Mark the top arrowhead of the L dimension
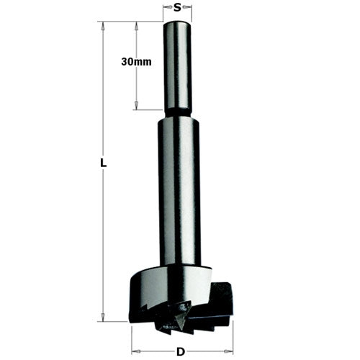coord(104,26)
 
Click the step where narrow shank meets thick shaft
coord(178,115)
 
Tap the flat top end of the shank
coord(178,23)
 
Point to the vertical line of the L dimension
coord(104,230)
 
